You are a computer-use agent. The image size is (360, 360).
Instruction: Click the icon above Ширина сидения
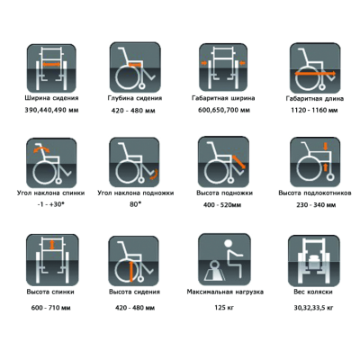pyautogui.click(x=51, y=68)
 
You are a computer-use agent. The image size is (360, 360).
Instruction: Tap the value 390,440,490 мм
pyautogui.click(x=51, y=111)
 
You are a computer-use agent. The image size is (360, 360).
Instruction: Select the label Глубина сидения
pyautogui.click(x=135, y=98)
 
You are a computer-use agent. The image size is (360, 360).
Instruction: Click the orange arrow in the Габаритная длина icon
pyautogui.click(x=315, y=74)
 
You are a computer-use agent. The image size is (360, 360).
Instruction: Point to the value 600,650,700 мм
pyautogui.click(x=224, y=111)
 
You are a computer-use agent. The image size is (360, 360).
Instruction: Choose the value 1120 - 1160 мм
pyautogui.click(x=314, y=111)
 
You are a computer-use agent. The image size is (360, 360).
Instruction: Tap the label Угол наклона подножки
pyautogui.click(x=136, y=193)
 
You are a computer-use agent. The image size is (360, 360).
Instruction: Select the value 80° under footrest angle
pyautogui.click(x=135, y=204)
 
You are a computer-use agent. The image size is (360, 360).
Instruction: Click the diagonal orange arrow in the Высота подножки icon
pyautogui.click(x=239, y=162)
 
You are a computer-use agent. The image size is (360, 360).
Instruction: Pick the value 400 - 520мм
pyautogui.click(x=222, y=205)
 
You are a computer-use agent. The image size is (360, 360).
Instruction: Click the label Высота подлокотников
pyautogui.click(x=315, y=193)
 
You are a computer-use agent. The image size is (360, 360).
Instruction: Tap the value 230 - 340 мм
pyautogui.click(x=316, y=205)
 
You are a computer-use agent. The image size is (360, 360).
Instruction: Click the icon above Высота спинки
pyautogui.click(x=52, y=260)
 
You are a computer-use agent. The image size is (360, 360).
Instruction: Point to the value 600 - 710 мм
pyautogui.click(x=51, y=308)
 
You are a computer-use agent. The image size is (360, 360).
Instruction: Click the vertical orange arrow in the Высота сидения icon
pyautogui.click(x=131, y=272)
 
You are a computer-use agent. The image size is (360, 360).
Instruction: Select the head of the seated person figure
pyautogui.click(x=229, y=244)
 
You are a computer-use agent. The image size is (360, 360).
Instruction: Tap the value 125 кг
pyautogui.click(x=224, y=308)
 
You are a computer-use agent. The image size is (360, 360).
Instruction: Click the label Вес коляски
pyautogui.click(x=313, y=292)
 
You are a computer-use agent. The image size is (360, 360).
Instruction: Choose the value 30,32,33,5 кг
pyautogui.click(x=314, y=308)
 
